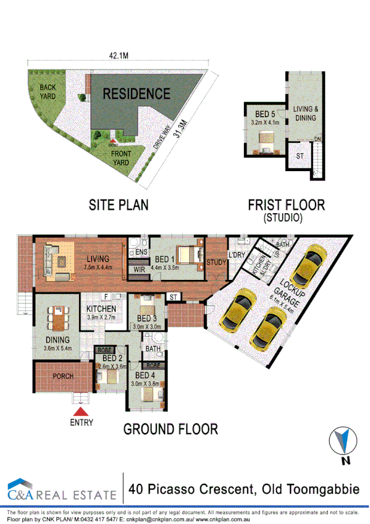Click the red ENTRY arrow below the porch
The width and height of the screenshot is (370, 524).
pyautogui.click(x=81, y=412)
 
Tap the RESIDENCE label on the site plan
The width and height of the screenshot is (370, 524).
pyautogui.click(x=136, y=94)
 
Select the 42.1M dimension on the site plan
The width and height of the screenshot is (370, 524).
pyautogui.click(x=119, y=55)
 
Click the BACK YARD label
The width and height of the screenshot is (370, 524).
pyautogui.click(x=48, y=92)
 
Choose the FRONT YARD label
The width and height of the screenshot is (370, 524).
pyautogui.click(x=120, y=158)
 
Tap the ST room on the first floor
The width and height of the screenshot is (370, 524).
pyautogui.click(x=300, y=157)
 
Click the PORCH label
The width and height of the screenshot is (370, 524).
pyautogui.click(x=64, y=376)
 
